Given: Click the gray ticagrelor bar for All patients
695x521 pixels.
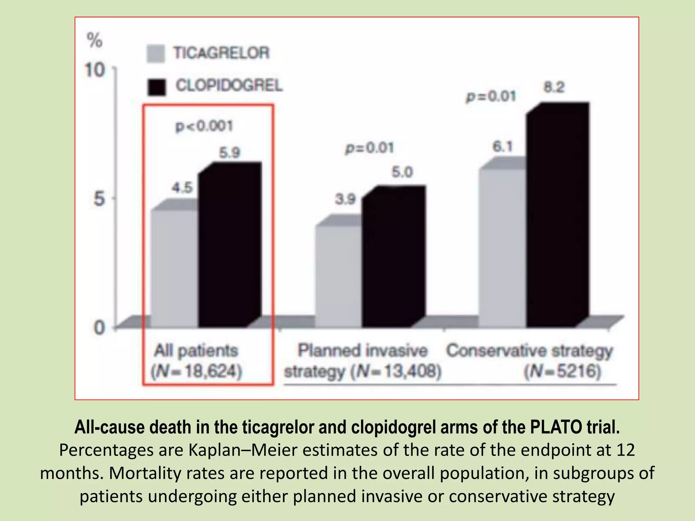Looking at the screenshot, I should pos(174,268).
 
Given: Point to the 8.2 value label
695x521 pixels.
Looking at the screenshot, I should pos(554,88).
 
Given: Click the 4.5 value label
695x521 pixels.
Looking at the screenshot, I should pos(182,187).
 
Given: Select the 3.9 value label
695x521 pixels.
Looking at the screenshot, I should pos(345,199).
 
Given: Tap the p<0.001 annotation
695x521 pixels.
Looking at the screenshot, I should pos(204,126).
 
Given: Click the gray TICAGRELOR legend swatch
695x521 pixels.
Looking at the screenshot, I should pos(156,54).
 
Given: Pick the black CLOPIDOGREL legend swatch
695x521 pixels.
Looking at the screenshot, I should pos(157,87).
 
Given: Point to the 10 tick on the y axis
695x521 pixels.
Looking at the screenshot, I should pos(95,71).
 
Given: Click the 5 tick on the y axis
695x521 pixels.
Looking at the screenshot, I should pos(99,198).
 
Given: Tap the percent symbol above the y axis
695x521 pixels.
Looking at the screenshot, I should pos(95,41).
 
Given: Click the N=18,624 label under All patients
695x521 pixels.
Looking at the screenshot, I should pos(197,371).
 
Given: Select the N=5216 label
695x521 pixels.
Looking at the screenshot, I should pos(563,371).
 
